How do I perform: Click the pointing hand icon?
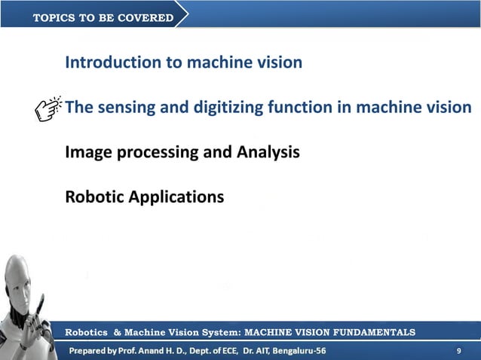coord(49,109)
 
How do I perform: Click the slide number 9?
coord(459,351)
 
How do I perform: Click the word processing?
coord(150,153)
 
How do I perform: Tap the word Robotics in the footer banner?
coord(87,332)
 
